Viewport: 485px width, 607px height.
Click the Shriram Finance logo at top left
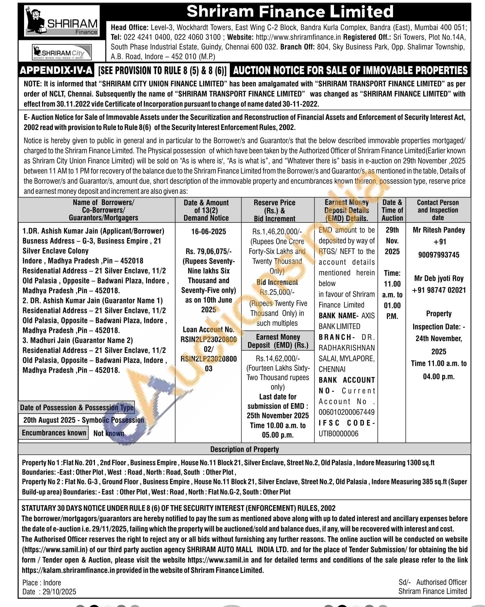[x=62, y=22]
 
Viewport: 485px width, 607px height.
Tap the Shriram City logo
[x=62, y=53]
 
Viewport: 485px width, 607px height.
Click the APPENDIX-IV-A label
[x=56, y=70]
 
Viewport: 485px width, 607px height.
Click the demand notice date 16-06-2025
[x=209, y=231]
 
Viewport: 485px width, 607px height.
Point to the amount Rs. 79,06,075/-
[x=209, y=251]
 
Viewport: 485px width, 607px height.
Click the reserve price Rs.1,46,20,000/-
[x=277, y=231]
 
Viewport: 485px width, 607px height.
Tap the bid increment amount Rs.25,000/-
[x=277, y=292]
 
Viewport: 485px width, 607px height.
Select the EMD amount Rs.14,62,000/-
[x=278, y=358]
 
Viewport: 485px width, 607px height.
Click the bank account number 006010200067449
[x=346, y=412]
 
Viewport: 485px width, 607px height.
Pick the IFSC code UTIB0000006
[x=338, y=434]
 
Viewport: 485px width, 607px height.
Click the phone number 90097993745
[x=439, y=255]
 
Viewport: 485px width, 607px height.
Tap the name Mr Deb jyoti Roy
[x=439, y=278]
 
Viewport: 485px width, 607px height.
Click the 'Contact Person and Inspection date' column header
[x=438, y=210]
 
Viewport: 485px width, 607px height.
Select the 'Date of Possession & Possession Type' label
[x=77, y=408]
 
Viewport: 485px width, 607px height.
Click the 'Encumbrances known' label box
[x=54, y=433]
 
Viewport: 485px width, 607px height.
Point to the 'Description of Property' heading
[x=244, y=449]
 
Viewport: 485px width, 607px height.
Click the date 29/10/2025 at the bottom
[x=59, y=592]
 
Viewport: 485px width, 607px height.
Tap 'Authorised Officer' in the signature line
[x=441, y=582]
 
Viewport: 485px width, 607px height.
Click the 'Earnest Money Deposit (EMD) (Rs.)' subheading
[x=278, y=341]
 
